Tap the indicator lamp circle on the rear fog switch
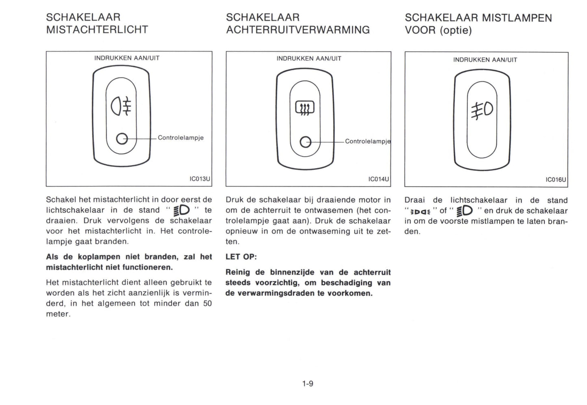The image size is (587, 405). point(121,138)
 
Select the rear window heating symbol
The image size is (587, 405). point(305,108)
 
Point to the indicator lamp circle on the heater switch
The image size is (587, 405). point(305,142)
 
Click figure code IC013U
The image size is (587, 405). point(200,179)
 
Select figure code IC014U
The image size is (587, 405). point(379,179)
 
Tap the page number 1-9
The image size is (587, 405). point(308,383)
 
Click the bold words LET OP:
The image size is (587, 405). point(241,257)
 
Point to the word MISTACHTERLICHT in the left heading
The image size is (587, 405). point(97,30)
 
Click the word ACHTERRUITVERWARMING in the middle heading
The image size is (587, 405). point(298,30)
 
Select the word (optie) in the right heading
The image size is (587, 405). point(455,30)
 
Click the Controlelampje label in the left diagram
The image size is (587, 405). point(181,138)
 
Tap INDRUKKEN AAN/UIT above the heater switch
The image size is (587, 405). point(309,58)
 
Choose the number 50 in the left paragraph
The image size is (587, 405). point(207,303)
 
